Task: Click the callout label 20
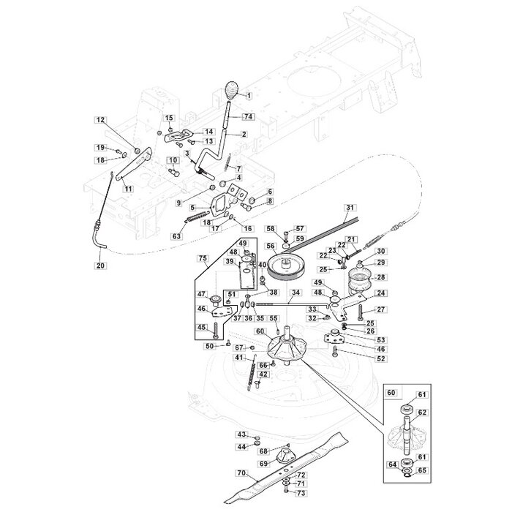click(x=100, y=265)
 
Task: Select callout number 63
click(x=176, y=236)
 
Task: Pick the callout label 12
click(x=101, y=119)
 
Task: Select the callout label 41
click(x=238, y=358)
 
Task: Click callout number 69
click(x=263, y=464)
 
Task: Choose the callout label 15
click(x=169, y=118)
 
